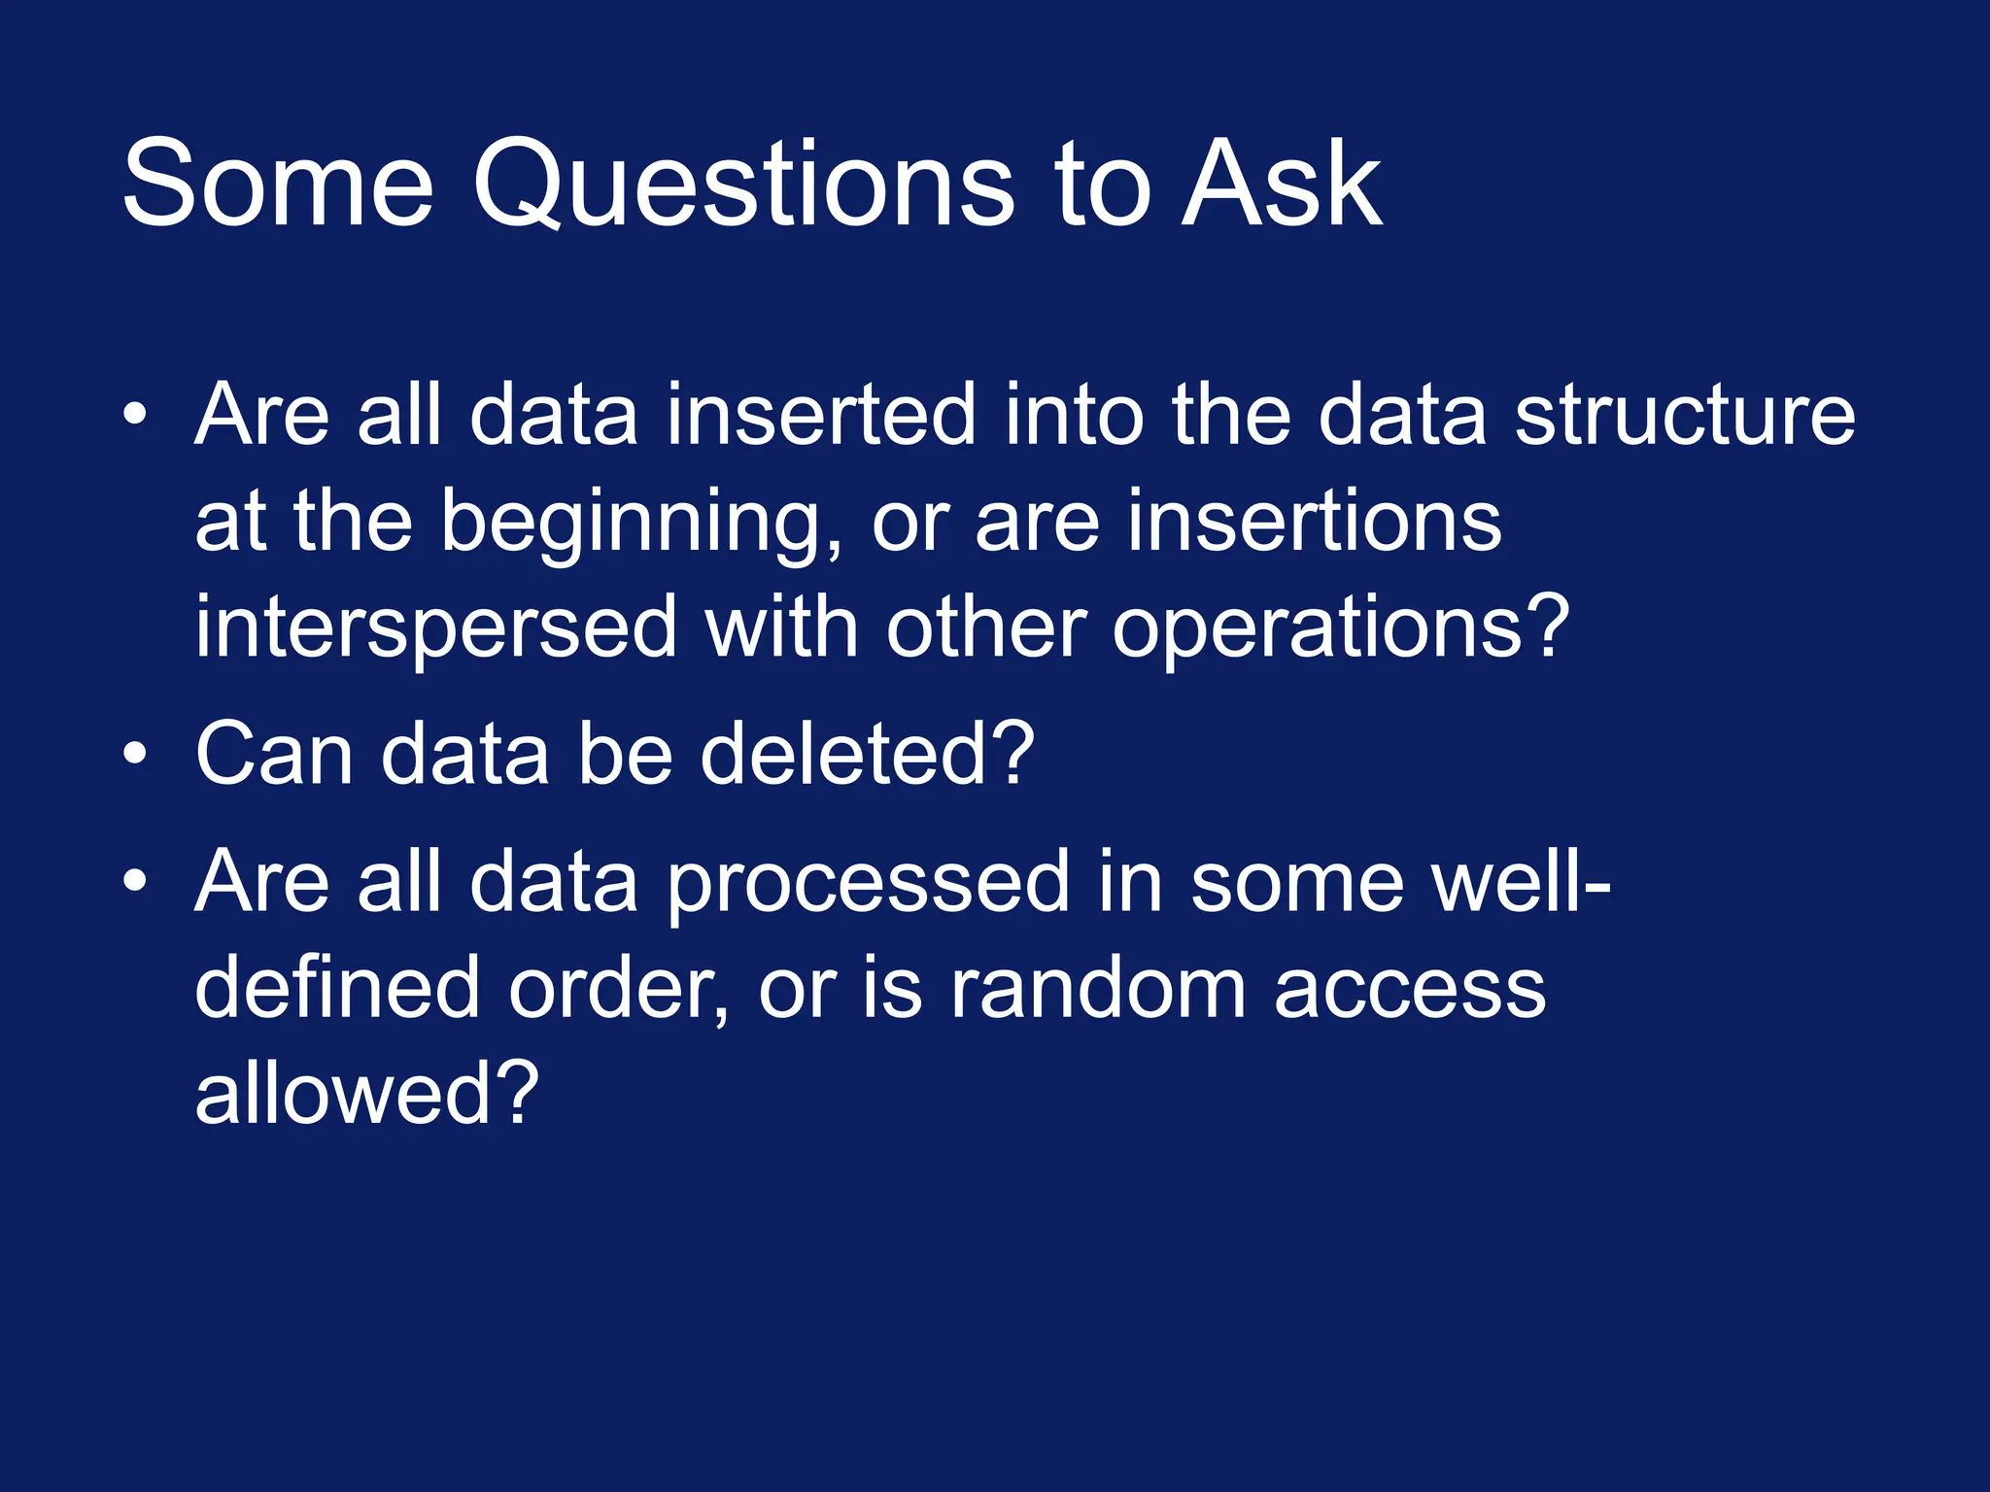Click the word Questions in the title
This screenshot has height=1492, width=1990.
[743, 185]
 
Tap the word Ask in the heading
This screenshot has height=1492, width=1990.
[1281, 185]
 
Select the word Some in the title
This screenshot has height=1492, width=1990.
[277, 185]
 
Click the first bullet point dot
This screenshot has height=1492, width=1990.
[135, 416]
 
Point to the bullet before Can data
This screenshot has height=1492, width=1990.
[135, 754]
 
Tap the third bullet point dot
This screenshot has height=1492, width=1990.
[135, 881]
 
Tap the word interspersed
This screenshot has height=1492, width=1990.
[435, 629]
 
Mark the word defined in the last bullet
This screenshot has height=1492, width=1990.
[337, 988]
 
